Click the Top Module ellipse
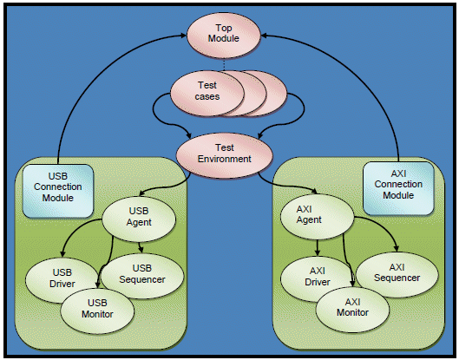[x=224, y=35]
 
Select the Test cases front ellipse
[x=207, y=94]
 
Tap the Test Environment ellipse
[x=224, y=155]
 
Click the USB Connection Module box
[x=58, y=191]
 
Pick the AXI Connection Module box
[x=398, y=188]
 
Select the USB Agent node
[x=139, y=219]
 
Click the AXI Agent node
[x=318, y=217]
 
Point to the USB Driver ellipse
[x=62, y=280]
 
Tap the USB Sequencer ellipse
[x=142, y=276]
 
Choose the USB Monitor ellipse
[x=97, y=311]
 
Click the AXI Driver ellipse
[x=318, y=278]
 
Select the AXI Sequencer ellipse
[x=397, y=274]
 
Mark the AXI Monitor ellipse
[x=352, y=310]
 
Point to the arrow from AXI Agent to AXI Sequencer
[x=384, y=224]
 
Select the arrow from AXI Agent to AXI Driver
[x=318, y=247]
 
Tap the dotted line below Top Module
[x=224, y=64]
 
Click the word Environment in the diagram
[x=224, y=159]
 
